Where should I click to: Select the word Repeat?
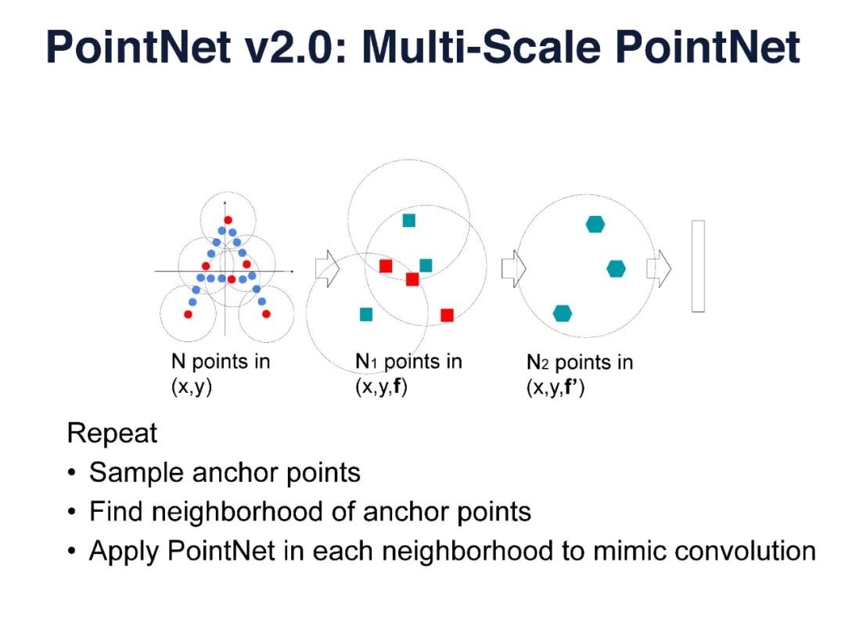tap(112, 433)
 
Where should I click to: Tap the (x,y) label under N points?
tap(192, 387)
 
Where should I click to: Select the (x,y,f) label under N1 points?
tap(382, 387)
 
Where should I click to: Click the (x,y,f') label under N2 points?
tap(556, 387)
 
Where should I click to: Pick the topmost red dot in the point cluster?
tap(228, 220)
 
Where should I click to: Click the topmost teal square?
tap(408, 220)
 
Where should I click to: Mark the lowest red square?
tap(447, 315)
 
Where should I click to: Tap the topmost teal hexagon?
tap(595, 225)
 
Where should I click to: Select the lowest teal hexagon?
tap(562, 313)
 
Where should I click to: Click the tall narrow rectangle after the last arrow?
tap(698, 266)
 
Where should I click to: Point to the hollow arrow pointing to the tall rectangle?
tap(659, 268)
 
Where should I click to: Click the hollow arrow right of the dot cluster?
tap(325, 268)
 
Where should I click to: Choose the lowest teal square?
tap(365, 314)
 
